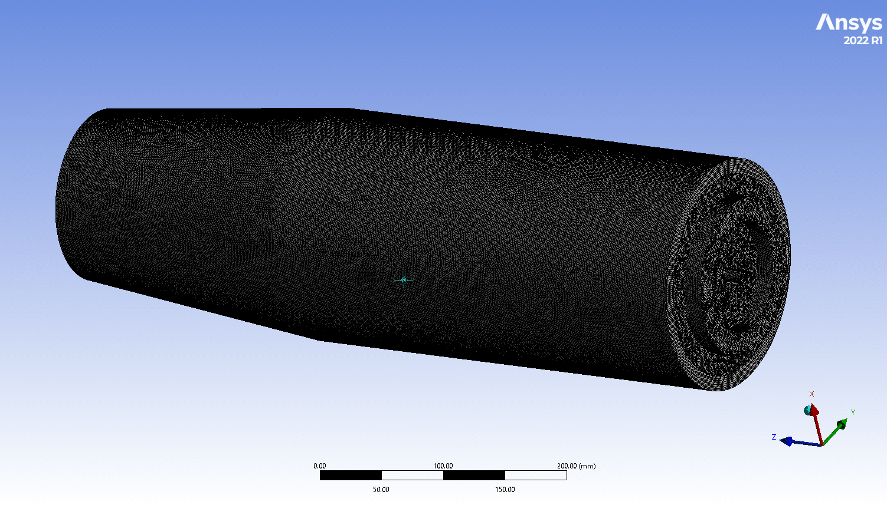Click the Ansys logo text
(x=849, y=24)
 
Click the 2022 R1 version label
(x=863, y=40)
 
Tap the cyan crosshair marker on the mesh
(x=404, y=280)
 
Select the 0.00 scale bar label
(x=319, y=466)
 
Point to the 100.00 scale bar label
(x=443, y=466)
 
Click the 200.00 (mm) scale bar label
(x=576, y=466)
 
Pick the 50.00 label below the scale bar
(x=381, y=490)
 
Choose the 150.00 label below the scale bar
(x=505, y=490)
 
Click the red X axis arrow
(x=817, y=424)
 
